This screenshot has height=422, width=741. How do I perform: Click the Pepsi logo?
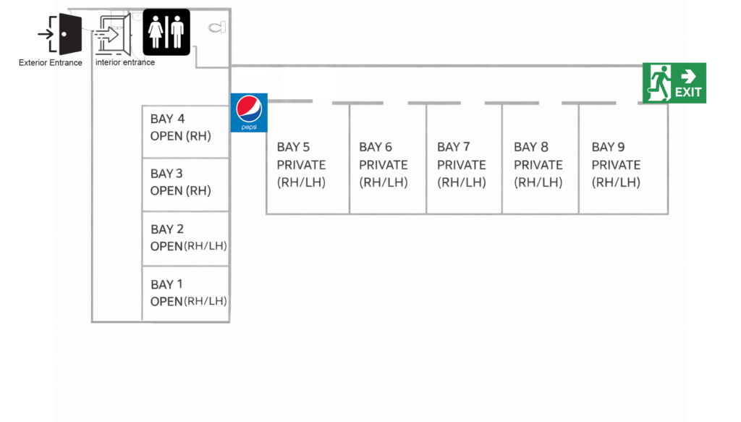(249, 112)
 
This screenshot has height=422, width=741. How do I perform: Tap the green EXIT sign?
(674, 83)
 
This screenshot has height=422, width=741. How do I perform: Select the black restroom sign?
(166, 33)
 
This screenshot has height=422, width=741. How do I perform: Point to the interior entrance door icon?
(113, 34)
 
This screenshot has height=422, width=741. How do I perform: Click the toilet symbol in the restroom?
(216, 28)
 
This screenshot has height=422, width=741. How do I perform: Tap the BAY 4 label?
(167, 119)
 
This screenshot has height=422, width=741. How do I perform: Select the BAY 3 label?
(166, 174)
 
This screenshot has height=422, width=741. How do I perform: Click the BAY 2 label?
(166, 229)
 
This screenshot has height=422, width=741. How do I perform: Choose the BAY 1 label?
(166, 284)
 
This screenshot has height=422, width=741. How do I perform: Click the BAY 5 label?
(293, 147)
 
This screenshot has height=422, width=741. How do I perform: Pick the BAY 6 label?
(376, 147)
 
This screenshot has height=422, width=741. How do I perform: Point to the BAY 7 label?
(453, 147)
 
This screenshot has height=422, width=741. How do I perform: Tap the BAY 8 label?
(530, 147)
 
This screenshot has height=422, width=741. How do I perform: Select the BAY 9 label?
(608, 147)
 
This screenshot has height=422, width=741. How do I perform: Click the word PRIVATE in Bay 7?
(461, 165)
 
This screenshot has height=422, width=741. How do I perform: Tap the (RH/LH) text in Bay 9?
(616, 182)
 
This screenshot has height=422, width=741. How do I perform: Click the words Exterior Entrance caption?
(51, 63)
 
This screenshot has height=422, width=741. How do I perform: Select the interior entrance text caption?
(125, 63)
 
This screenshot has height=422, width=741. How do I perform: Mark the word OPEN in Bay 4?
(166, 136)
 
